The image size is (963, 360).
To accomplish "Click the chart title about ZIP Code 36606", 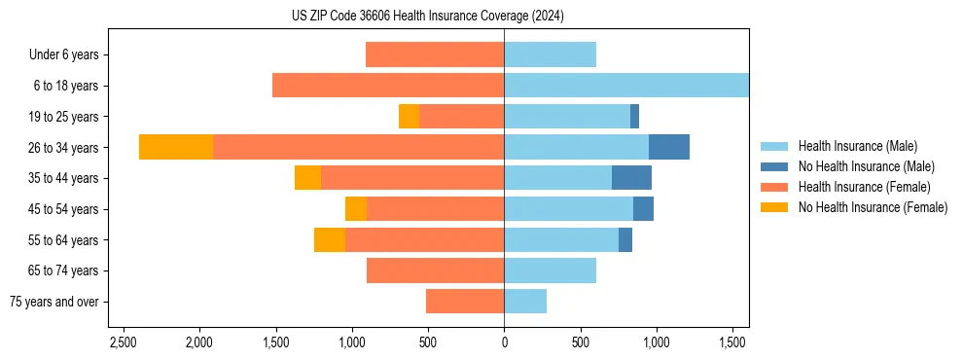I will coord(427,16).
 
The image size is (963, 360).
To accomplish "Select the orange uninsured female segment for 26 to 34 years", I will coord(176,147).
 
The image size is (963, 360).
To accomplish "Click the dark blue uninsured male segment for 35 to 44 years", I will coord(631,178).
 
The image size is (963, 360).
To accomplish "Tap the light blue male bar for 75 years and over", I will coord(525,302).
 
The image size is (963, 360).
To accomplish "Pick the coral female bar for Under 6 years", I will coord(435,54).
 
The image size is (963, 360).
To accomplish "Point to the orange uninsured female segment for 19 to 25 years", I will coord(409,117).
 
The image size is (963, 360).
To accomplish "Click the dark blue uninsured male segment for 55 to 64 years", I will coord(625,239).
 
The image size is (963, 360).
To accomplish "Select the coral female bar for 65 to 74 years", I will coord(435,270).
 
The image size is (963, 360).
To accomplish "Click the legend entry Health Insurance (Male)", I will coord(857,146).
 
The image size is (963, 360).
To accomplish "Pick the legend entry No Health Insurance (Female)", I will coord(873,207).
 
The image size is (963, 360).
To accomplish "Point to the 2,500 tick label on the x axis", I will coord(123,342).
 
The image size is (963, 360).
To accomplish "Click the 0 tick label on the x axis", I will coord(504,342).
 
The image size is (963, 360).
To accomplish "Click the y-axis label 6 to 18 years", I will coord(65,86).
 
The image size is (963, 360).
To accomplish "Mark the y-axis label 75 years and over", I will coord(54,302).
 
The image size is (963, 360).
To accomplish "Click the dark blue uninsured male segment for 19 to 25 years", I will coord(634,117).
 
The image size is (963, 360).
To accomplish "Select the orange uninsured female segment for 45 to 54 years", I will coord(356,209).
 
